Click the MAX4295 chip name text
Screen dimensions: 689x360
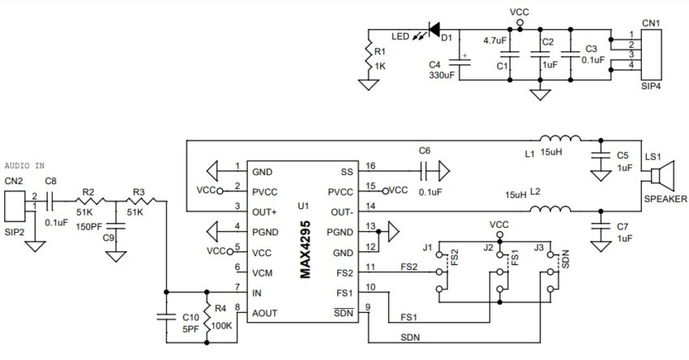[306, 249]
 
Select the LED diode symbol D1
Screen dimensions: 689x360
[434, 30]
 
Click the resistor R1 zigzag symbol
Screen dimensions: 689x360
[368, 56]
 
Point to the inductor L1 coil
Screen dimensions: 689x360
[560, 138]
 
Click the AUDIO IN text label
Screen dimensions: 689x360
[24, 165]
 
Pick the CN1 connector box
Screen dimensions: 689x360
[651, 55]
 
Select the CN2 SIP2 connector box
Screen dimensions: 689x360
[15, 206]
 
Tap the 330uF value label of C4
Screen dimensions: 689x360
[442, 75]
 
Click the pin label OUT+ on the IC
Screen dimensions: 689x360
[264, 212]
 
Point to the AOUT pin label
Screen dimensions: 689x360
[264, 313]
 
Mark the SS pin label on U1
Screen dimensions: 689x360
[347, 172]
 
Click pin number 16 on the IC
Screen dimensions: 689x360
[370, 165]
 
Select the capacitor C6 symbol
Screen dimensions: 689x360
[424, 171]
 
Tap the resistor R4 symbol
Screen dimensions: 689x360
[207, 316]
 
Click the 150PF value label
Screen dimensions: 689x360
[89, 227]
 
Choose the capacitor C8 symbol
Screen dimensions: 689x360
[50, 201]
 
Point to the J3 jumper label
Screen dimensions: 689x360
[539, 247]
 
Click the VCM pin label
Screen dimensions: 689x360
[263, 273]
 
